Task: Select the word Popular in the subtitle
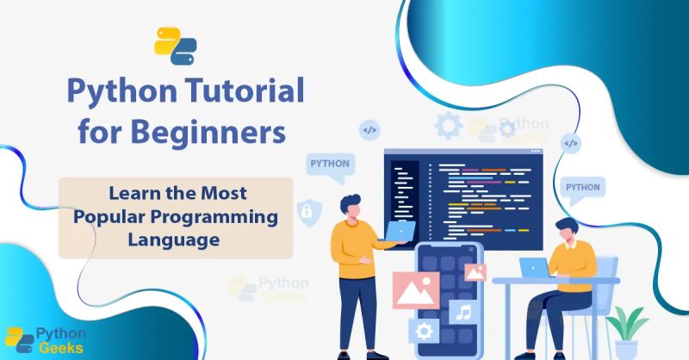point(109,216)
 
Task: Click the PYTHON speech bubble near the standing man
point(330,164)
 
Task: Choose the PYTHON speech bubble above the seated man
point(583,188)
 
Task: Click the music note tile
point(463,312)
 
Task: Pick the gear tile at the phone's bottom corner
point(424,331)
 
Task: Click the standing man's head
point(350,207)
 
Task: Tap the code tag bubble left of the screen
point(369,131)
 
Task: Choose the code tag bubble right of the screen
point(570,143)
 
